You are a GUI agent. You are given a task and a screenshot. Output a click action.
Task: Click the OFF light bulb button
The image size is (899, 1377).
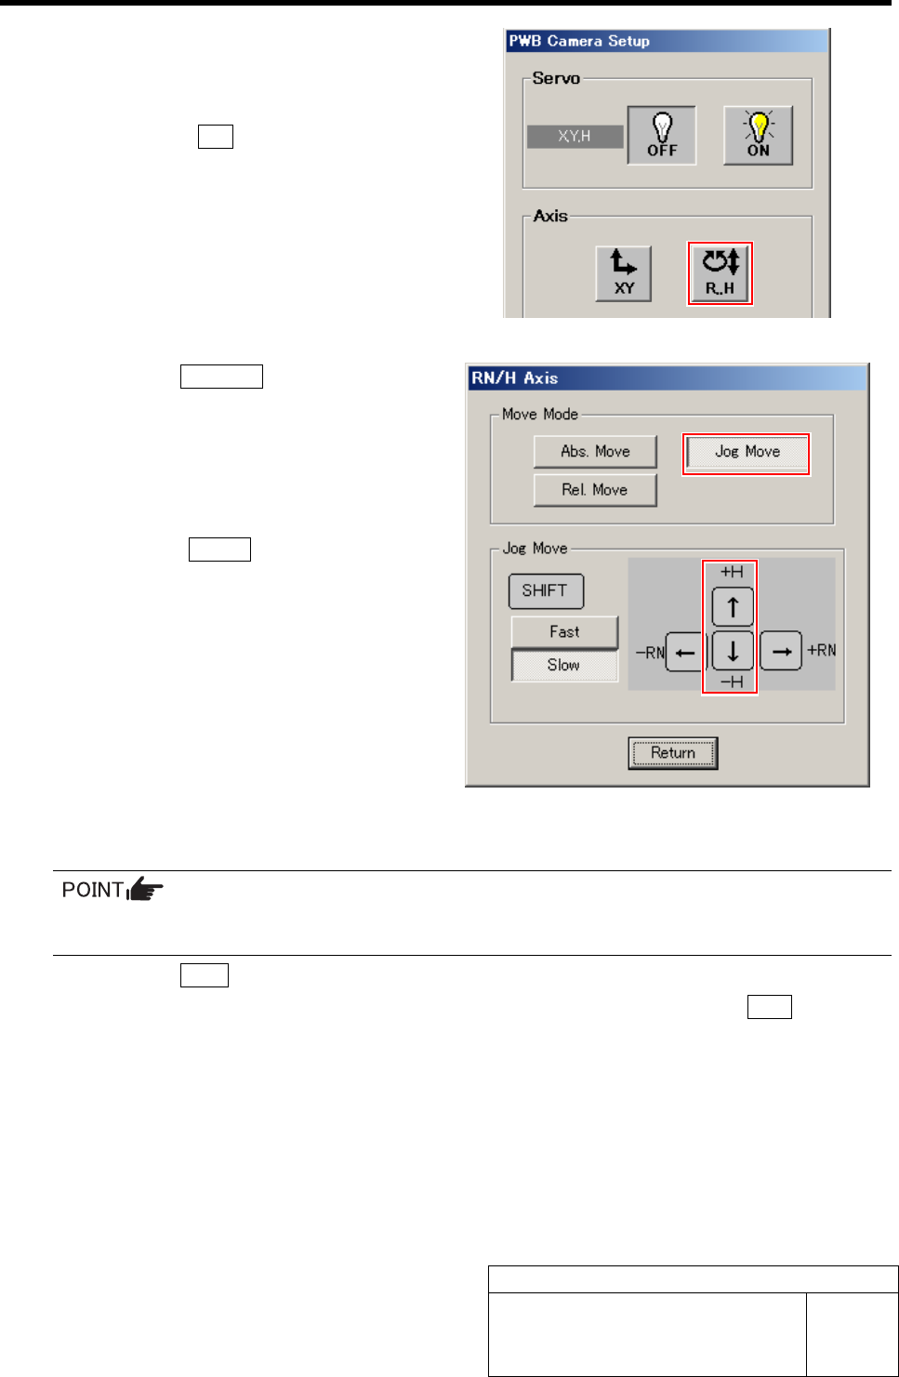(662, 136)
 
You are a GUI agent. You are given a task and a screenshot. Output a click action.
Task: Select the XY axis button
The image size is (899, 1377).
(624, 273)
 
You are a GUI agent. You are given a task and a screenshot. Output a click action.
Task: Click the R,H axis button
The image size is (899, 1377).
(720, 273)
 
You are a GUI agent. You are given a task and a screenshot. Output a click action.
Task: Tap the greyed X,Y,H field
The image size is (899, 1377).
(575, 137)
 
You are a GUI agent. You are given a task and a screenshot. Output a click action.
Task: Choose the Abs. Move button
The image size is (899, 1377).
(595, 452)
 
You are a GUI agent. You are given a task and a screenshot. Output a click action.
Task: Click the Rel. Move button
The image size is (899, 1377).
(595, 490)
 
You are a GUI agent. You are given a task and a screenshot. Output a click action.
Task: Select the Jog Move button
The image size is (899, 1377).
(747, 453)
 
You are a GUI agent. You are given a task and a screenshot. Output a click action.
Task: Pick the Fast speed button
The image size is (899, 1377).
(564, 632)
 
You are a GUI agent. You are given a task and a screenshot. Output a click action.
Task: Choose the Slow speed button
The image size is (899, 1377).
(564, 666)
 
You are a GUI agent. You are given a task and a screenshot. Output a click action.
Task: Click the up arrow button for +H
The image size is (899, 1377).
(733, 607)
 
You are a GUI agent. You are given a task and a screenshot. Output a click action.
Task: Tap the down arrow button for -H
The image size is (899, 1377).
(733, 652)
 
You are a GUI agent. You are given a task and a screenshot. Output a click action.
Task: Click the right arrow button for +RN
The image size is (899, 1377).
(781, 652)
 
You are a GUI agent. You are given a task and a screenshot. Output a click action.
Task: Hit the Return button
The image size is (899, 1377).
(673, 753)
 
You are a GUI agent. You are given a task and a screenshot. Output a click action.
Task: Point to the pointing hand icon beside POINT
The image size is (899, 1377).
(145, 891)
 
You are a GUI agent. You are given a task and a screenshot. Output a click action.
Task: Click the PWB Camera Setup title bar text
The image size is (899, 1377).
(579, 41)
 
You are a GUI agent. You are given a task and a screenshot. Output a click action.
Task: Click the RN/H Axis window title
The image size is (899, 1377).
(515, 378)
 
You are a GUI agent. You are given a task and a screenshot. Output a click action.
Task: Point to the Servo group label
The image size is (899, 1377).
(556, 79)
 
